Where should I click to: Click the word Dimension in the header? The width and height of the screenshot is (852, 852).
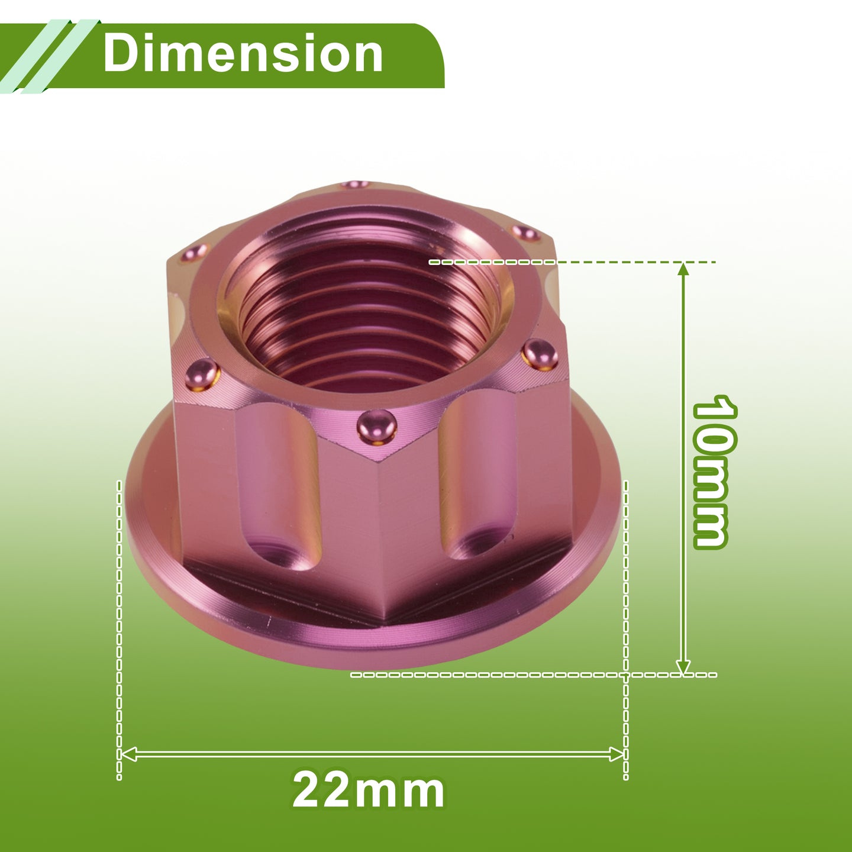243,53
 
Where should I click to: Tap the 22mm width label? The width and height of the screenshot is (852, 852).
368,790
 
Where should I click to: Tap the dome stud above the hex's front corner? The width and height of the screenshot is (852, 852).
376,426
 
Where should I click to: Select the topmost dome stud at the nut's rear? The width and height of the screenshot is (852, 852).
356,184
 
